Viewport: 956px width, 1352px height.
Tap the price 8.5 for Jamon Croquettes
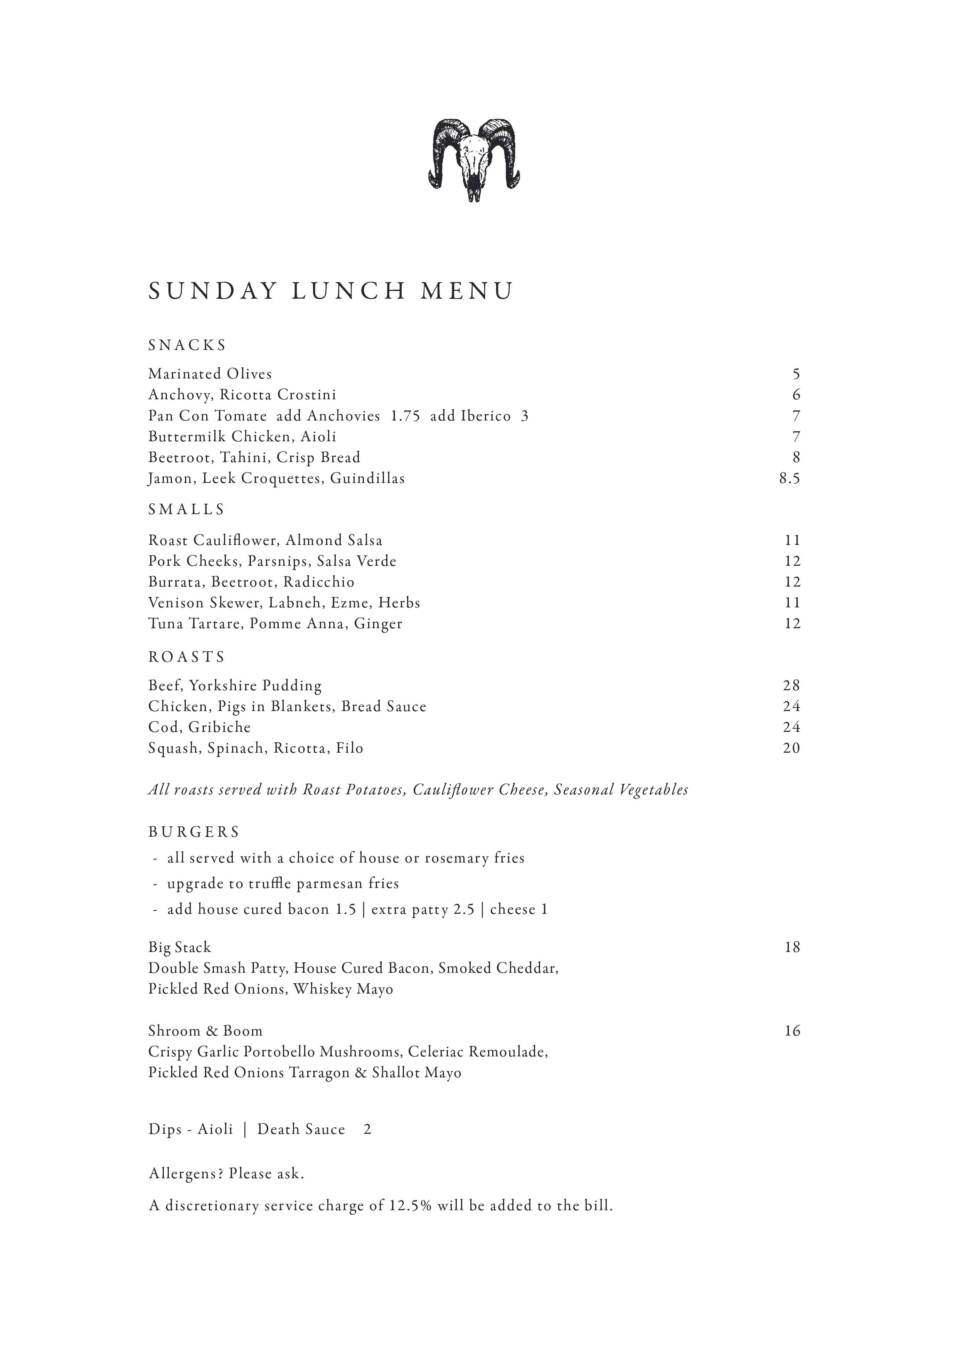(789, 479)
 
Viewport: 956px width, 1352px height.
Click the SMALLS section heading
(186, 510)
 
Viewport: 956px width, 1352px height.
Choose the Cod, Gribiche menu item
(199, 728)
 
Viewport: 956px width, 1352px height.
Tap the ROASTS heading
(187, 657)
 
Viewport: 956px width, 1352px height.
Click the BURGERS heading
(194, 832)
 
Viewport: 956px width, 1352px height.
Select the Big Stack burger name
(179, 947)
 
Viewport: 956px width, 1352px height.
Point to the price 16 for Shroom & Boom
(792, 1031)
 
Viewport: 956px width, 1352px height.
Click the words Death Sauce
(301, 1129)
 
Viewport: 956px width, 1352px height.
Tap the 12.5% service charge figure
(411, 1206)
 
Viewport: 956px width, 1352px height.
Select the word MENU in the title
(466, 291)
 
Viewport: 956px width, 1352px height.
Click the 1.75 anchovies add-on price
(405, 416)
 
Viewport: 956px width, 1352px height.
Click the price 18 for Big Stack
(792, 947)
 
